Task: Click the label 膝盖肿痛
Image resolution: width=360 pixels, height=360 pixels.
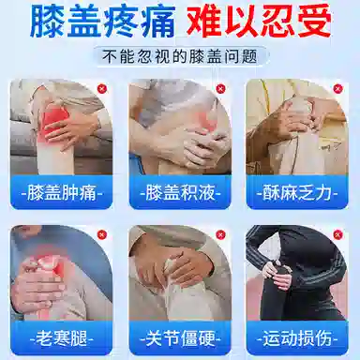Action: coord(63,194)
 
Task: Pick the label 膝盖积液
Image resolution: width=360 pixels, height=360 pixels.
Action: coord(180,194)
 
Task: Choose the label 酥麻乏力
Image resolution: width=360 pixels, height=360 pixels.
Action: coord(296,194)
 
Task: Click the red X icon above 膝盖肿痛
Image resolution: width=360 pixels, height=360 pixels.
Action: coord(103,89)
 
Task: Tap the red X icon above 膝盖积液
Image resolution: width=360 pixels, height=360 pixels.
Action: coord(220,89)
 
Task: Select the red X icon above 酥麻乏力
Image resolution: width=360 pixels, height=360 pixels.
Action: coord(337,89)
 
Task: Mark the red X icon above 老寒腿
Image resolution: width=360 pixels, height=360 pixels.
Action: coord(103,235)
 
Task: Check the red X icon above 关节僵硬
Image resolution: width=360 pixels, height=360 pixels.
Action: coord(220,235)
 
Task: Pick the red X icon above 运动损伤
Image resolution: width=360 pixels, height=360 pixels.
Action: coord(337,235)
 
